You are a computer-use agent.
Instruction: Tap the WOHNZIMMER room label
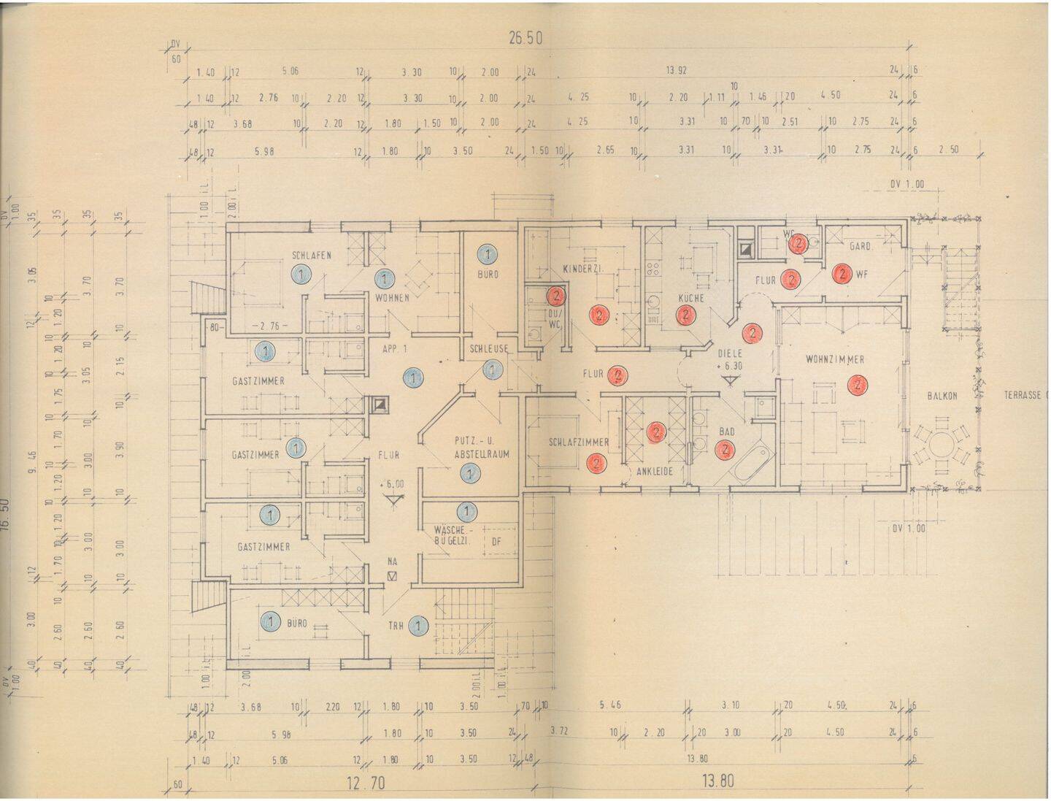pyautogui.click(x=835, y=359)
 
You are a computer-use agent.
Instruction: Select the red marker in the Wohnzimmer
pyautogui.click(x=858, y=384)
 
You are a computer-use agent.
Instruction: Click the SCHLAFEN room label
pyautogui.click(x=312, y=255)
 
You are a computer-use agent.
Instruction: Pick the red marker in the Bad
pyautogui.click(x=725, y=450)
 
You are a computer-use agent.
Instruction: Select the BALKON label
pyautogui.click(x=942, y=396)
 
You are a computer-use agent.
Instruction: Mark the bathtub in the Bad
pyautogui.click(x=752, y=461)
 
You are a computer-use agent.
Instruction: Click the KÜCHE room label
pyautogui.click(x=690, y=298)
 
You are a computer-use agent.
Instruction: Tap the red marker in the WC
pyautogui.click(x=799, y=243)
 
